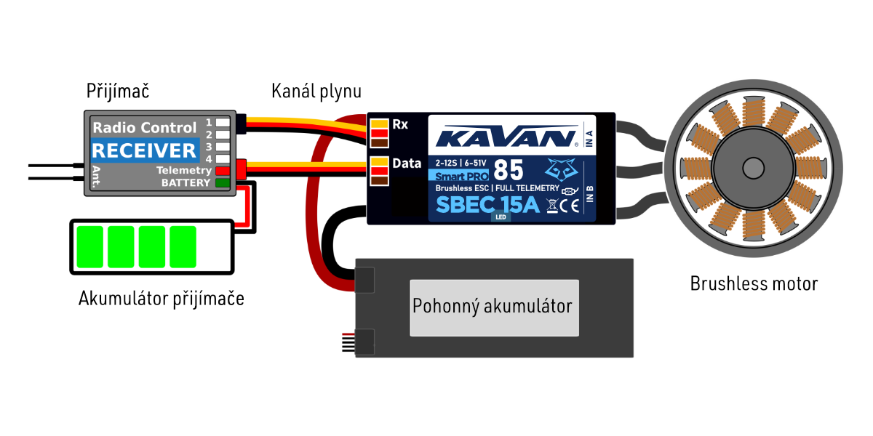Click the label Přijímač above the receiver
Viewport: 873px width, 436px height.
(x=118, y=92)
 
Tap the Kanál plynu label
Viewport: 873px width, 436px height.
(x=316, y=92)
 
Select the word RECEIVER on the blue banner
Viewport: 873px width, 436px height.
(x=144, y=150)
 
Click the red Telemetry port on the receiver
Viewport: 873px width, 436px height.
(x=222, y=171)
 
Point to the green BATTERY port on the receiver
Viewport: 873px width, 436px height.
(x=222, y=182)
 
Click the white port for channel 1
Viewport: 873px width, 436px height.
(x=223, y=123)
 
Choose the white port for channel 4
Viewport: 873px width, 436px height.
(x=223, y=158)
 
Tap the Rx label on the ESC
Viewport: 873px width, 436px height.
(x=400, y=124)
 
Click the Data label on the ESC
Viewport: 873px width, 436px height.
(x=407, y=163)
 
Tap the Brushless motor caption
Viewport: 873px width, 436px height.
(x=754, y=283)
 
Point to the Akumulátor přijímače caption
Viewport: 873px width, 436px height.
(x=162, y=298)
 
